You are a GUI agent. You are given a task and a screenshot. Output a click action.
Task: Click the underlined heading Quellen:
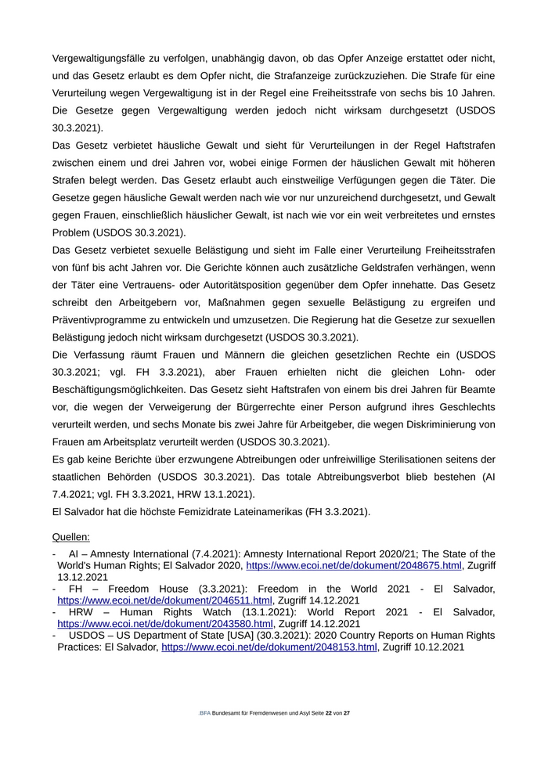pyautogui.click(x=70, y=537)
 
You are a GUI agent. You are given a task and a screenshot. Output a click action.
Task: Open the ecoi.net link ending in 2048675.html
pyautogui.click(x=354, y=565)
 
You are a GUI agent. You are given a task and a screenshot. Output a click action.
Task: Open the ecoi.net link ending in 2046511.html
pyautogui.click(x=164, y=600)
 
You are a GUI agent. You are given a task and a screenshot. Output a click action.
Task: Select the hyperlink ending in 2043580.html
pyautogui.click(x=164, y=624)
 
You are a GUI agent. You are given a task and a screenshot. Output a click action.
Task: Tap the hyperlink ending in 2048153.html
pyautogui.click(x=269, y=647)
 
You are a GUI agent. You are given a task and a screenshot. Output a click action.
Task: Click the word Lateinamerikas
pyautogui.click(x=319, y=511)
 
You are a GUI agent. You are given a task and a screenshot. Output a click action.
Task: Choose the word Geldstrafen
pyautogui.click(x=385, y=269)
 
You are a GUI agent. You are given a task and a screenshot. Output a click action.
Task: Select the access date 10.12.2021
pyautogui.click(x=434, y=647)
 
